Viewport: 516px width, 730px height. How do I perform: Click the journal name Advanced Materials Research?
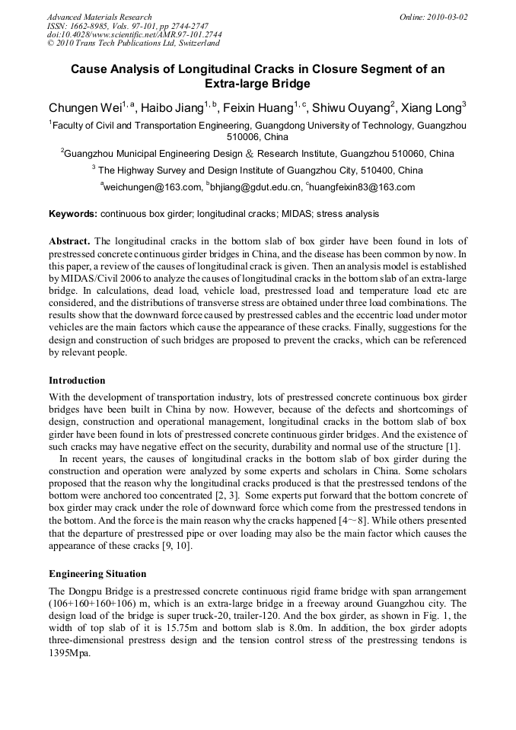(99, 17)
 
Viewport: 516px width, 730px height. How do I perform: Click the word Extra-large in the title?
(235, 84)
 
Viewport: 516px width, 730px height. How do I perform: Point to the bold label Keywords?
(73, 215)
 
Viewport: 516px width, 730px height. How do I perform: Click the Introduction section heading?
(77, 380)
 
